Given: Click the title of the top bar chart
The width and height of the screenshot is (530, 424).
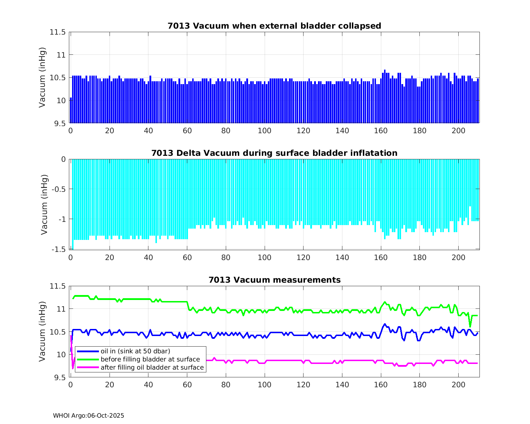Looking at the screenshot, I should point(274,26).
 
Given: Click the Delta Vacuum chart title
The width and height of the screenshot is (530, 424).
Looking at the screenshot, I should point(274,153).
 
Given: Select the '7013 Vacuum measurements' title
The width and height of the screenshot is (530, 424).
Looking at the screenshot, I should point(275,280).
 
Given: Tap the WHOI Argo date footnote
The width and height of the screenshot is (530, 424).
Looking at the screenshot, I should point(88,416).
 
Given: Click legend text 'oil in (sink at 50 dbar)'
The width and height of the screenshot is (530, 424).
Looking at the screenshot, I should point(135,351).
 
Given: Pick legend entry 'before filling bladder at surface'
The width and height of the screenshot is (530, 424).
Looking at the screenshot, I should point(150,359).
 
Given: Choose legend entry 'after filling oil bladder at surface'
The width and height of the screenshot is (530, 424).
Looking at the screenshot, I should point(152,367).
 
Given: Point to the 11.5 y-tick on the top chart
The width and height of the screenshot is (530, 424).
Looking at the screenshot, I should point(58,32).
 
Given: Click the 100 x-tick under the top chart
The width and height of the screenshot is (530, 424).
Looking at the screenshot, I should point(264,131).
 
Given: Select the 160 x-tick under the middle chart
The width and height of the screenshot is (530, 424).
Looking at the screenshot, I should point(381,258).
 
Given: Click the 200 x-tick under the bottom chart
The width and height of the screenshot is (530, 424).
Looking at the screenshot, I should point(458,385).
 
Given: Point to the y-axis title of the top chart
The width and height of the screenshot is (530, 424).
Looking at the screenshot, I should point(42,77).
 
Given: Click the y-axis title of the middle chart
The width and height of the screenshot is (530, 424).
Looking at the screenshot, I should point(44,205).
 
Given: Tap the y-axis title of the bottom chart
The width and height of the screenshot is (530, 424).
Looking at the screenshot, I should point(42,331).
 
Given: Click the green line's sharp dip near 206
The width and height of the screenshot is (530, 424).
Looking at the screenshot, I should point(470,326).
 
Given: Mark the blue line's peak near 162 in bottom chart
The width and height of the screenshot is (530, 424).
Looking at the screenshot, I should point(385,324).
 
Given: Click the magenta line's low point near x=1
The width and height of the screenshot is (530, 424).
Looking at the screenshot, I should point(73,368).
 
